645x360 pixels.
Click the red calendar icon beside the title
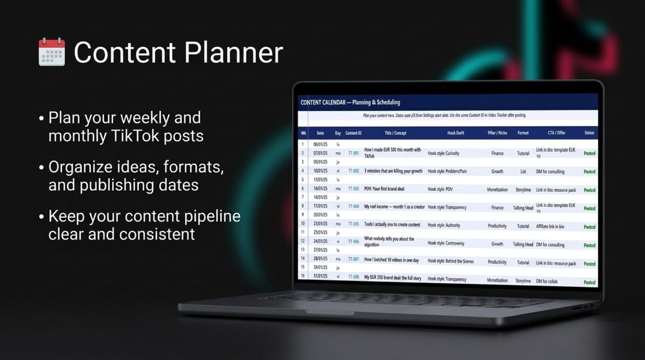(52, 52)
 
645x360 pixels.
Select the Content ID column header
(353, 133)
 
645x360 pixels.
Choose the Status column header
(589, 133)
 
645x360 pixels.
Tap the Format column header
(523, 133)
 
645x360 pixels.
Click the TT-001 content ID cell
(353, 153)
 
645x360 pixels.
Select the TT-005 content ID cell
(353, 224)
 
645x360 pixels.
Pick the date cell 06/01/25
(320, 144)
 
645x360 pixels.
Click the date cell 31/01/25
(320, 276)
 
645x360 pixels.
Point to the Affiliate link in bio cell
(556, 226)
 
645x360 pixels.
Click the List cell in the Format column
(523, 171)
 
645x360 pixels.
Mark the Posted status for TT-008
(589, 282)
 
